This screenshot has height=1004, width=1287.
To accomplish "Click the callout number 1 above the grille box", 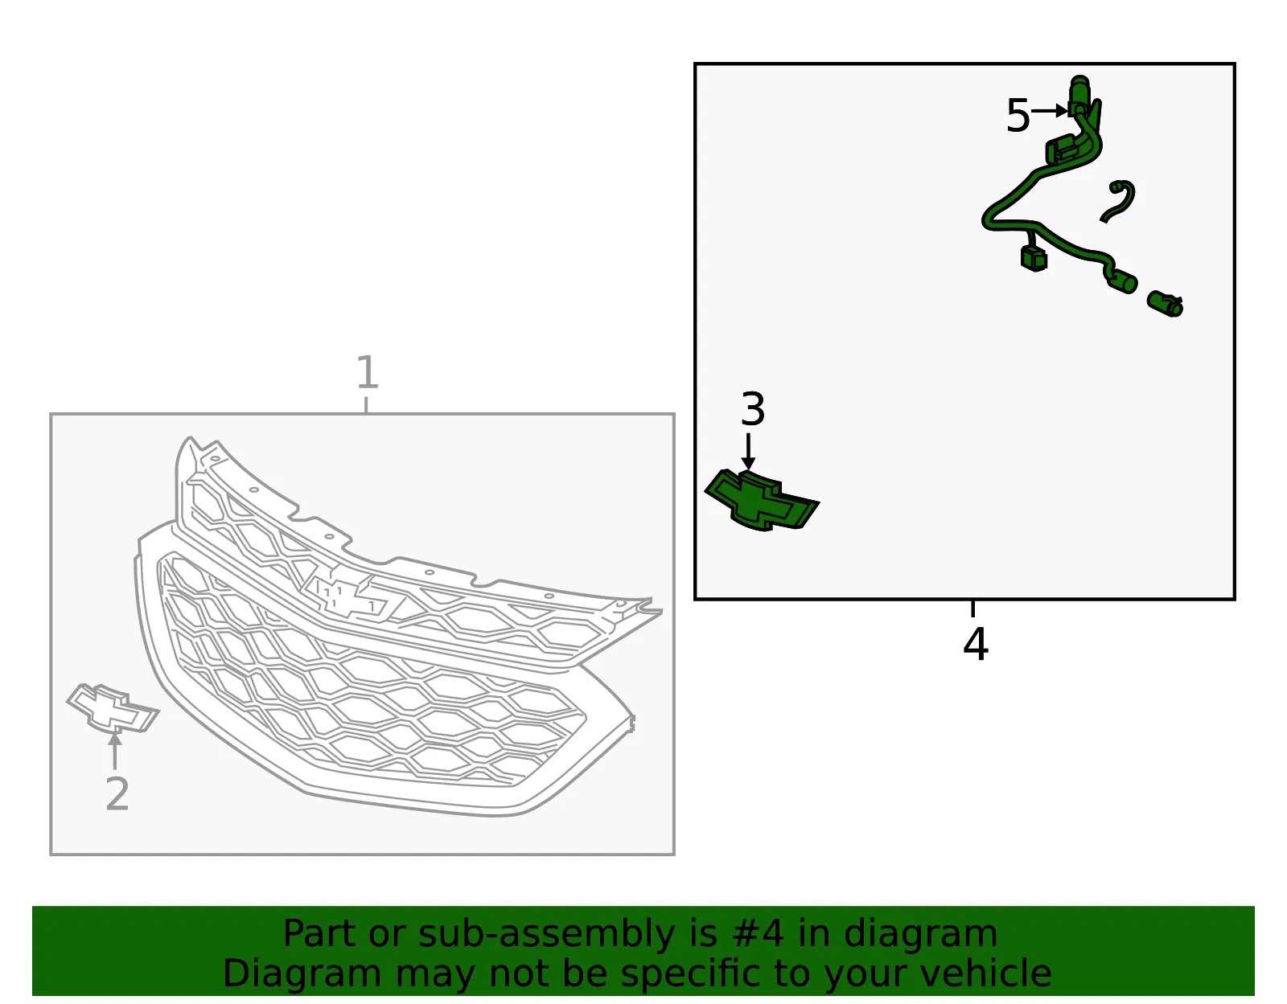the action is click(x=368, y=372).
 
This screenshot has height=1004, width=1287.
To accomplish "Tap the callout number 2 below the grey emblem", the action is click(x=117, y=793).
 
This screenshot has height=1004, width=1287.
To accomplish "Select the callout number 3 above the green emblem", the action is click(x=753, y=409).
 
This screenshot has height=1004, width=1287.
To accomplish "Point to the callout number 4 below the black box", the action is click(x=976, y=645).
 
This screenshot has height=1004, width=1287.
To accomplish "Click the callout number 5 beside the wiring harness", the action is click(x=1018, y=116).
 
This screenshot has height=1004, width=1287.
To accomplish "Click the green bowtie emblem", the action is click(x=762, y=501).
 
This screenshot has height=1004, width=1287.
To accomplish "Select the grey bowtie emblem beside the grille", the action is click(x=113, y=709).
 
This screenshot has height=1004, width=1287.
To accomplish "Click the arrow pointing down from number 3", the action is click(x=748, y=452).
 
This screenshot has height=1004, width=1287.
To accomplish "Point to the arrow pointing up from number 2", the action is click(x=115, y=750).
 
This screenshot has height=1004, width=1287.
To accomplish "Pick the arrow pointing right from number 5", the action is click(x=1050, y=111).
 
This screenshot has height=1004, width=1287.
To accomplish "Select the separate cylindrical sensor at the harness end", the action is click(x=1165, y=304).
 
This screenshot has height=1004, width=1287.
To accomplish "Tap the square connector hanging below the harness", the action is click(x=1034, y=259).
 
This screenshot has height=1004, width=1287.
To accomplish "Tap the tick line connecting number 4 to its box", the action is click(x=972, y=609).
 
